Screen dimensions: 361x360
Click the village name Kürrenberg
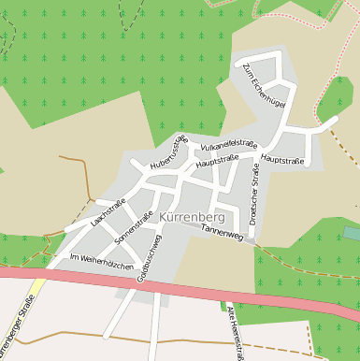coord(194,218)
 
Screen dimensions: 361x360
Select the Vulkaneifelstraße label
coord(228,145)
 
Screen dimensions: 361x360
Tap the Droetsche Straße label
coord(253,195)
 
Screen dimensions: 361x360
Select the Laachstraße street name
coord(108,212)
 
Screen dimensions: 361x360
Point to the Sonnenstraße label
coord(133,228)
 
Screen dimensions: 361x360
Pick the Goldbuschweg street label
coord(149,257)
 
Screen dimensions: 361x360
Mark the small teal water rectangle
coord(352,232)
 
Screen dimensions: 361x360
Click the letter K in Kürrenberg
coord(165,218)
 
